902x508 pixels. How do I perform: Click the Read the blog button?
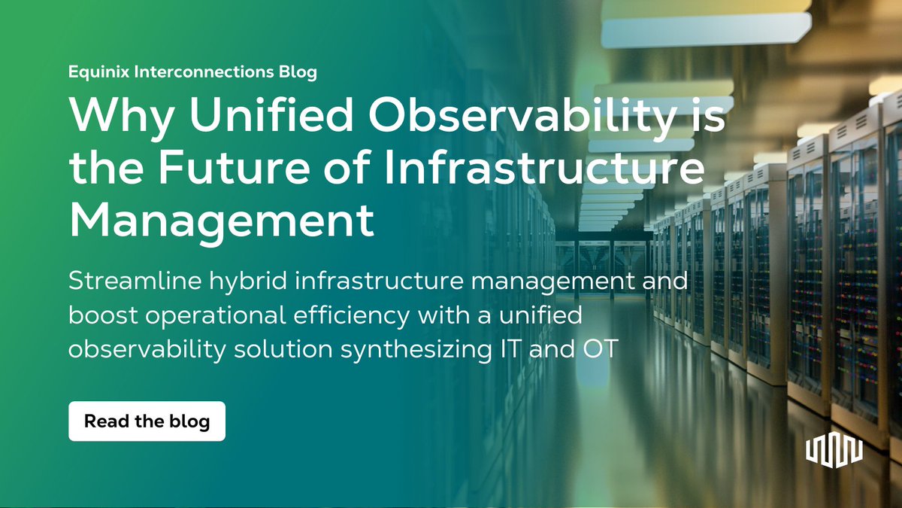pos(147,421)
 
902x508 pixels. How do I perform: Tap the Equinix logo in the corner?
pos(834,449)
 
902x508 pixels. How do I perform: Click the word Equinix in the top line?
pos(95,73)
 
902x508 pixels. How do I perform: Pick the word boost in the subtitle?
pos(96,316)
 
